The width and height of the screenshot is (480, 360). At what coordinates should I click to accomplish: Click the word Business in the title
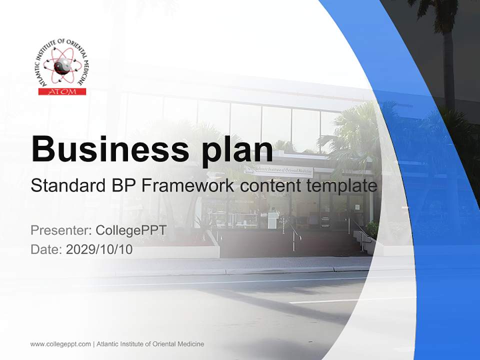point(105,148)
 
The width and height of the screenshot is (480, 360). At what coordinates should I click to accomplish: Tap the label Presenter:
point(60,230)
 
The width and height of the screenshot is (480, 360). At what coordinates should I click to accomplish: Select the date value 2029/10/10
point(99,249)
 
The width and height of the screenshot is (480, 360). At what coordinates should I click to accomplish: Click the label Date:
point(46,249)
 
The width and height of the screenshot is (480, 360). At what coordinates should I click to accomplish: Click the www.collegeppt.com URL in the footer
point(60,344)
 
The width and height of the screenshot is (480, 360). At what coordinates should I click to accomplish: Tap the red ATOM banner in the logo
point(62,91)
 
